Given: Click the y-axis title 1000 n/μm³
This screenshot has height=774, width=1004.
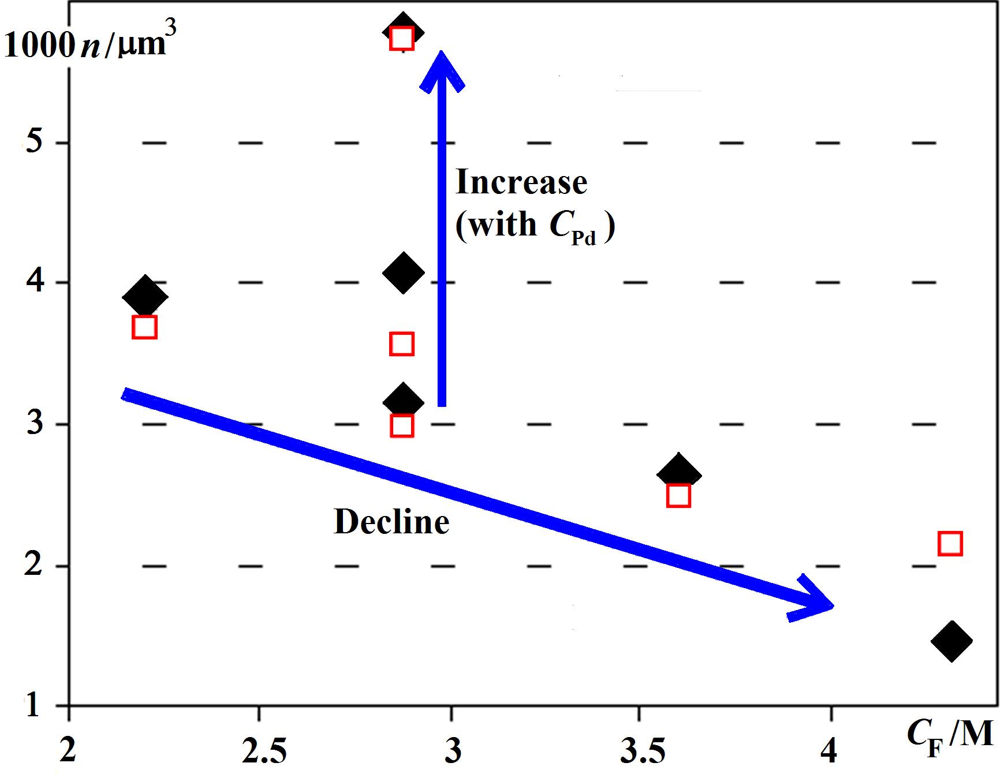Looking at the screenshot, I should [x=85, y=44].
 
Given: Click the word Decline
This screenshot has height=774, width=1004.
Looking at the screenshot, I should [x=391, y=522].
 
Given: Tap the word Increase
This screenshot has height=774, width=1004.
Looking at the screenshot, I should [x=521, y=182].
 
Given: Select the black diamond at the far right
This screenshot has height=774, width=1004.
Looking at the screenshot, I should [x=951, y=641].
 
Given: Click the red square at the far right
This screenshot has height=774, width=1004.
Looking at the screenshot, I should [x=950, y=544].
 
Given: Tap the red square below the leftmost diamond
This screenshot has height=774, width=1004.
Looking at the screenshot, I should [x=144, y=327].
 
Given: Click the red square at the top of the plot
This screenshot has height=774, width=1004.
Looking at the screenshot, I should [x=402, y=39].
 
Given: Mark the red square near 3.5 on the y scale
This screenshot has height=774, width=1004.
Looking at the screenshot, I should [x=402, y=344].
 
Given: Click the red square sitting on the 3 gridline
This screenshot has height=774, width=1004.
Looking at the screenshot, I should [x=402, y=426].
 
